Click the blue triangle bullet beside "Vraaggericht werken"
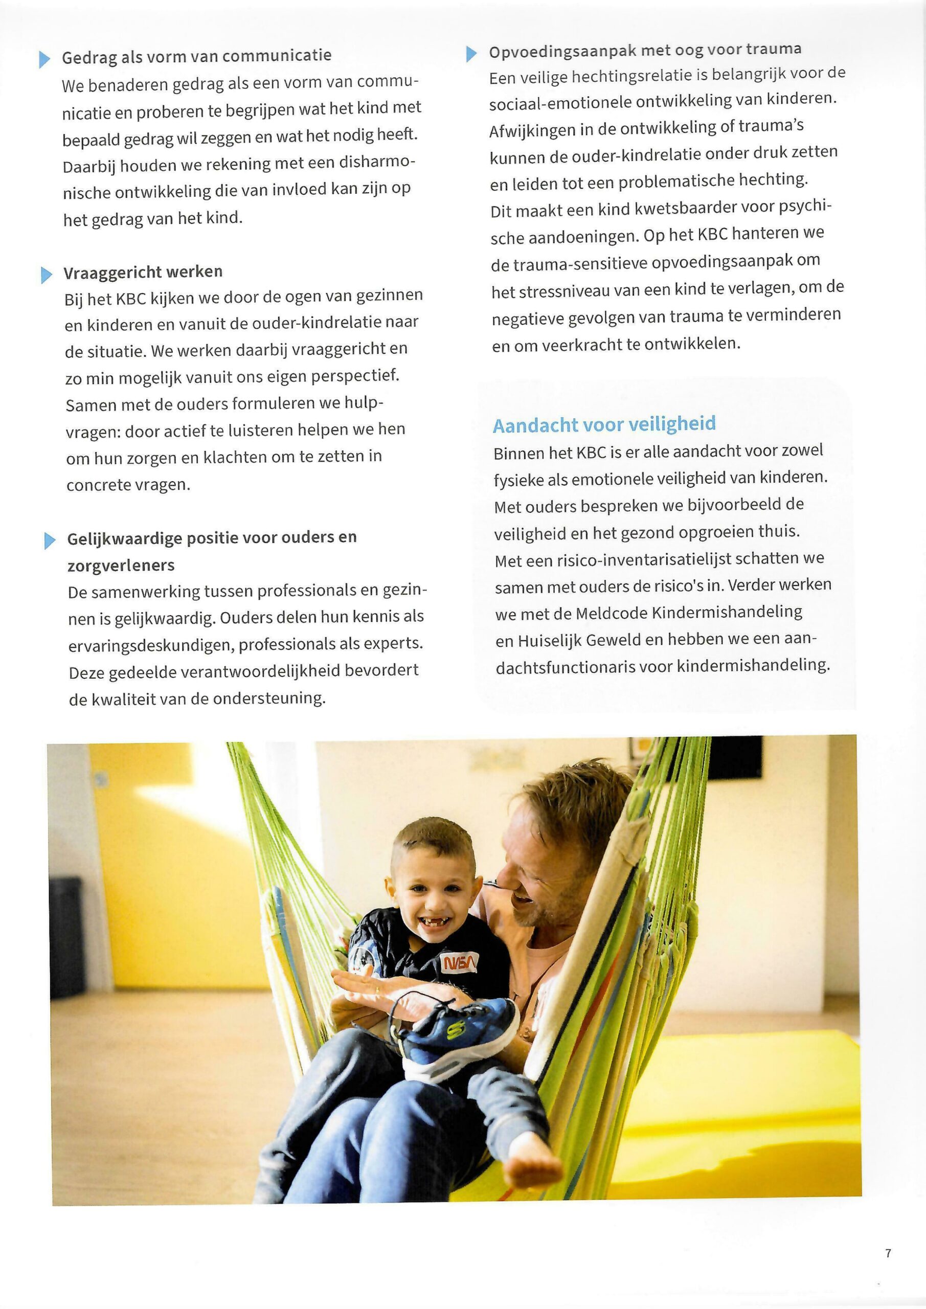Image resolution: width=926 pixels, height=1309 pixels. click(x=46, y=275)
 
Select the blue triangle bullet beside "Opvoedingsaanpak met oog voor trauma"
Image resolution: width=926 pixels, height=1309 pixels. click(x=471, y=54)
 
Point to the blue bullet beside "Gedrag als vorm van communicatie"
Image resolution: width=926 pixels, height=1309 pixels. click(x=44, y=59)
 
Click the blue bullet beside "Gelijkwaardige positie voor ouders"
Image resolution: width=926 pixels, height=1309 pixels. click(x=50, y=540)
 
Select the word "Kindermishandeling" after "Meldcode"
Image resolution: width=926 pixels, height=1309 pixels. click(x=727, y=612)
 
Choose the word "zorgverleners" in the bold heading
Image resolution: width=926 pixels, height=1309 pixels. click(x=121, y=566)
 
